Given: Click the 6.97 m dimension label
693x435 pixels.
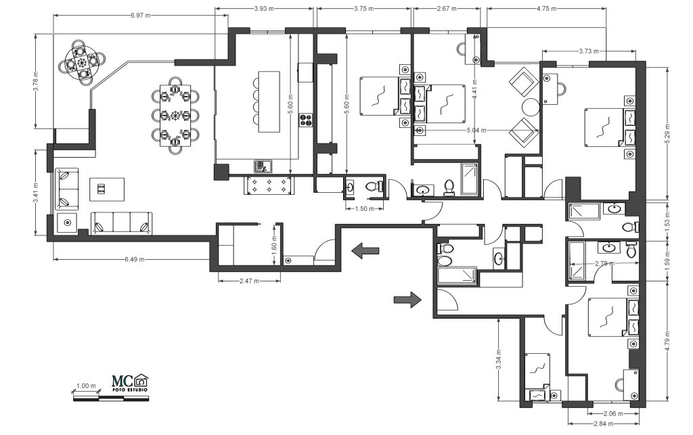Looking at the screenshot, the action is pos(141,16).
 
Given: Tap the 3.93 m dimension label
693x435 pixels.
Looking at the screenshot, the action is pos(264,8).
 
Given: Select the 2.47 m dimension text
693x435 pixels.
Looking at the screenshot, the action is pos(249,281).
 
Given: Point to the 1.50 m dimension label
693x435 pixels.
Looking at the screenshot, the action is pos(365,209).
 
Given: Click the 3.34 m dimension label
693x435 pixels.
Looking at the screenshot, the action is pos(499,359).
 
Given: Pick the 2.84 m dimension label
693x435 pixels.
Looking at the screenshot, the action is pos(603,424).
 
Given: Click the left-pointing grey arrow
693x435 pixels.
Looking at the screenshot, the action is pos(365,250).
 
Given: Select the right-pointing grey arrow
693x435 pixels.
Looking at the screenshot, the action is pos(407,300).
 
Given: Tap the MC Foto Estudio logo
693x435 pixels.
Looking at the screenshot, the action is pos(130,383).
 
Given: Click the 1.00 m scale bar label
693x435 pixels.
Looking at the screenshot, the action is pos(86,386).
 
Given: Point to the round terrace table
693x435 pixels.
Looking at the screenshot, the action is pos(83,62).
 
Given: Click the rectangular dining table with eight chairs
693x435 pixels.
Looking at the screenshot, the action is pos(175,116).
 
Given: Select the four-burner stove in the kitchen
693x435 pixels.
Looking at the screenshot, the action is pos(306,120).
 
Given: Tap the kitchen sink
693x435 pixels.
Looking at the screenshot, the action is pos(263,166).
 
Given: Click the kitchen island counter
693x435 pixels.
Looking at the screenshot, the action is pos(269,101).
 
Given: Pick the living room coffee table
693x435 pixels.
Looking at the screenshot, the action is pos(107,189).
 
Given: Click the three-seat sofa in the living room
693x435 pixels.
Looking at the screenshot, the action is pos(122,223).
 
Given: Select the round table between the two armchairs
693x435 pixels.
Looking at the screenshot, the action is pos(531,107).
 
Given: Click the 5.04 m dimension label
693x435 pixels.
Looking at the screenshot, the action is pos(476,131).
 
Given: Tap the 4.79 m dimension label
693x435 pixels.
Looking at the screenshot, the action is pos(667,341).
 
